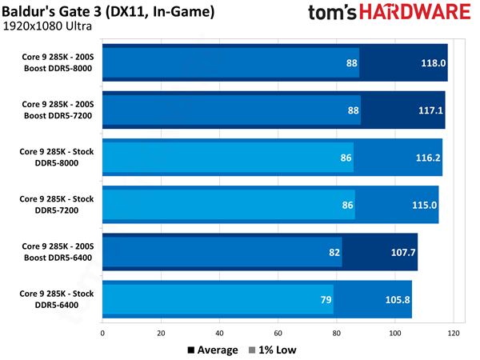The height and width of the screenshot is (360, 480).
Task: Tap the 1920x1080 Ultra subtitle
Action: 50,26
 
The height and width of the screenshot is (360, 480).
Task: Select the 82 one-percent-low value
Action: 334,252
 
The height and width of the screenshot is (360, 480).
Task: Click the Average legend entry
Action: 212,350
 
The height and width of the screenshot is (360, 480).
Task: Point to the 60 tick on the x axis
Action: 278,334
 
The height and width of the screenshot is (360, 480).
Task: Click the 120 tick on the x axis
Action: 454,334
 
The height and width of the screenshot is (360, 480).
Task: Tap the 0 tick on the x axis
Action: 102,334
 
